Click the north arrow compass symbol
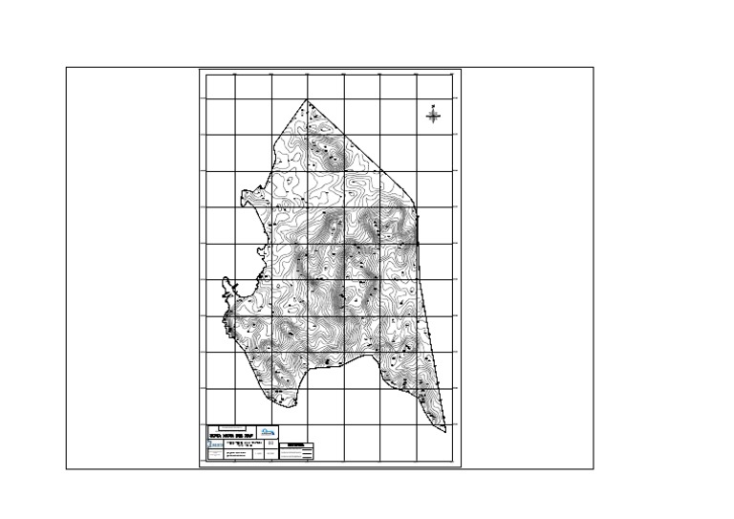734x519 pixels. pyautogui.click(x=433, y=116)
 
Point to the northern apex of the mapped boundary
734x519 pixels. pyautogui.click(x=307, y=99)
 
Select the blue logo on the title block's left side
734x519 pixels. pyautogui.click(x=215, y=444)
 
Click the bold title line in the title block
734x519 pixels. pyautogui.click(x=232, y=437)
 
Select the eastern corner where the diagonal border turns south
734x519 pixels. pyautogui.click(x=418, y=211)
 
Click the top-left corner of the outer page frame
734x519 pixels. pyautogui.click(x=66, y=68)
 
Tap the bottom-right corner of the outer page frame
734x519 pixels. pyautogui.click(x=594, y=468)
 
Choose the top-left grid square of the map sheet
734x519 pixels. pyautogui.click(x=221, y=87)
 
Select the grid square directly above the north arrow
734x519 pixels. pyautogui.click(x=434, y=87)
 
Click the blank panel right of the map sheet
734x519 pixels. pyautogui.click(x=527, y=268)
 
